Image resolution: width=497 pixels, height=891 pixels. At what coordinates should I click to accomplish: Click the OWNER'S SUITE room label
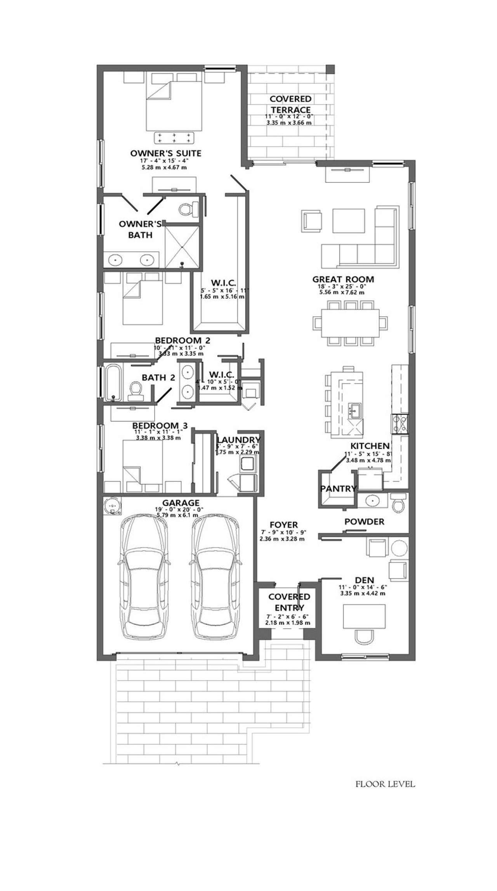(166, 153)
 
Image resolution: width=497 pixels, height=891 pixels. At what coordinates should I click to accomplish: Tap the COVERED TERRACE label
(290, 104)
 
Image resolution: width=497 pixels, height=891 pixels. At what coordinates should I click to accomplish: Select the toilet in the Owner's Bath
(186, 210)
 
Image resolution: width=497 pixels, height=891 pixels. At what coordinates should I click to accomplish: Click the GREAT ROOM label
(343, 279)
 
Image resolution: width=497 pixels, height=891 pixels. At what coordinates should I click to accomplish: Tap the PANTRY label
(338, 488)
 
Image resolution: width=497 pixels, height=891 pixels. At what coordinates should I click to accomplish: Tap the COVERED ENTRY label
(289, 602)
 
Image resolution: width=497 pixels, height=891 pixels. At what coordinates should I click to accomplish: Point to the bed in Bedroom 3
(142, 461)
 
